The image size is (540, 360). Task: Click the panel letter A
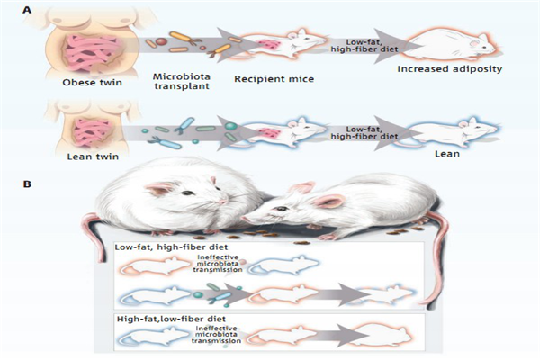tap(27, 10)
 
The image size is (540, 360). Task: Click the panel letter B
tap(27, 184)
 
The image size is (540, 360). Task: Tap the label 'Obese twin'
tap(93, 83)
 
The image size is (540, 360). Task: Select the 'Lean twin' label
tap(93, 157)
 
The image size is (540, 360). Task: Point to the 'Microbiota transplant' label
tap(182, 81)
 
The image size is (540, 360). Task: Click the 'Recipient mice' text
tap(274, 79)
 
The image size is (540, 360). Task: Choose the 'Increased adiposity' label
tap(450, 69)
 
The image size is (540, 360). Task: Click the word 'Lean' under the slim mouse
tap(447, 154)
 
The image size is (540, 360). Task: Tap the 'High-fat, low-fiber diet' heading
tap(171, 319)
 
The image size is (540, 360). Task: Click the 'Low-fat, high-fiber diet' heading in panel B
tap(171, 247)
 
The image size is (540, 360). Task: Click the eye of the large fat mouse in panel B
tap(188, 193)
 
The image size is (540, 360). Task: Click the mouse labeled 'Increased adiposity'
tap(451, 45)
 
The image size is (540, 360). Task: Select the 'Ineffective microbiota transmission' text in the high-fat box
tap(216, 335)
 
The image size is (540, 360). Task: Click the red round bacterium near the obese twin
tap(161, 41)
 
